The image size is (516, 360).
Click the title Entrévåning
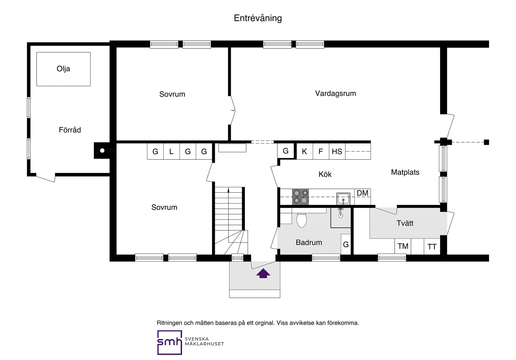(x=258, y=18)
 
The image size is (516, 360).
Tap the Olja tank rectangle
(x=63, y=69)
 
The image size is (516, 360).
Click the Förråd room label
(x=70, y=130)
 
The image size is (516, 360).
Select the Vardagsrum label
(x=335, y=93)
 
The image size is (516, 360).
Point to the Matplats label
(x=405, y=172)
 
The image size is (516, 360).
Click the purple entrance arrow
(x=263, y=273)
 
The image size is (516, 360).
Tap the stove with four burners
(x=300, y=197)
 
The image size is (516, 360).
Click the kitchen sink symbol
(x=343, y=198)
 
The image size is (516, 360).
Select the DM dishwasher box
(x=362, y=193)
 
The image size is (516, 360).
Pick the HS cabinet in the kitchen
(x=337, y=152)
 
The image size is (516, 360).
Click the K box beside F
(x=304, y=152)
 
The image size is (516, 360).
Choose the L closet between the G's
(x=171, y=152)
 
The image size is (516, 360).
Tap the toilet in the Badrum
(x=301, y=220)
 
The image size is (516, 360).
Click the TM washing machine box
(x=403, y=246)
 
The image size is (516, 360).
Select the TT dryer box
(x=432, y=247)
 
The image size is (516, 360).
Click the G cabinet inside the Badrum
(x=346, y=244)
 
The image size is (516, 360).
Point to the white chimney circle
(x=102, y=151)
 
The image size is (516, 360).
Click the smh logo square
(x=169, y=342)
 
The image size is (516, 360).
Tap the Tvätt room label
(x=405, y=223)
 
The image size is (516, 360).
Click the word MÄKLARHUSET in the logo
(x=204, y=344)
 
